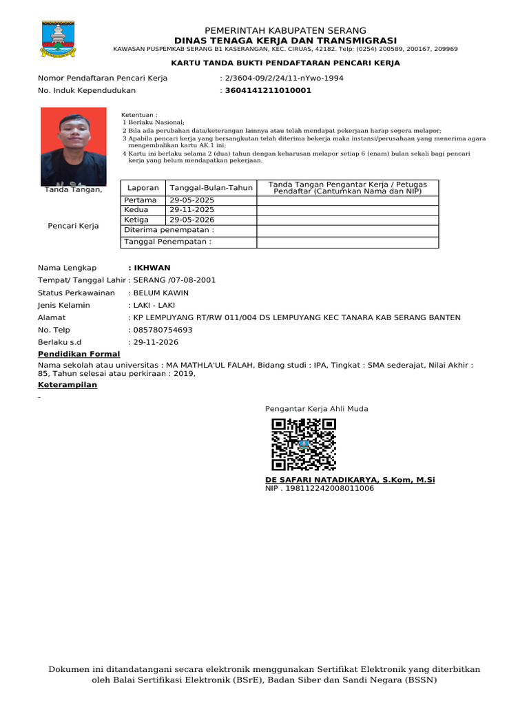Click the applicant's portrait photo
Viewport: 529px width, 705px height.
coord(74,147)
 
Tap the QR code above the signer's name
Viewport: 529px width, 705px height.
coord(304,444)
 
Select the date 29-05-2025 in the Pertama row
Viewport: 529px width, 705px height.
coord(192,200)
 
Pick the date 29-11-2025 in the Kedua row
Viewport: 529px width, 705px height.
coord(192,210)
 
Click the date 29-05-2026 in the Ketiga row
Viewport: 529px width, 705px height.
coord(192,220)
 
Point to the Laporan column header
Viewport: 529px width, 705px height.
coord(143,187)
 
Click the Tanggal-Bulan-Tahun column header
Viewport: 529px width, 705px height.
coord(211,187)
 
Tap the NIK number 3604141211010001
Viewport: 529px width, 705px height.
coord(268,90)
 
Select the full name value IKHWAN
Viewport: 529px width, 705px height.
coord(152,268)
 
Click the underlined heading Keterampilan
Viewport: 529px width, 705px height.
coord(68,385)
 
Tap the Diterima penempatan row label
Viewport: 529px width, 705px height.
coord(169,230)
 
